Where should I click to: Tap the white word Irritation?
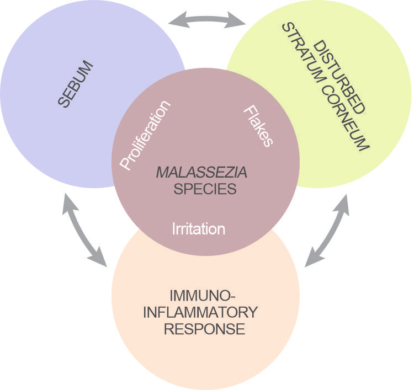[199, 228]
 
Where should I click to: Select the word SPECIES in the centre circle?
[205, 189]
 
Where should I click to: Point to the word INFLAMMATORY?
[200, 312]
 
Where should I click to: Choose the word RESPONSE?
[205, 329]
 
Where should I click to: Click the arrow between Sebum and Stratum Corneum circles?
[206, 21]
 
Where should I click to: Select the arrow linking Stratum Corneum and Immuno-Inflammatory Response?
[328, 229]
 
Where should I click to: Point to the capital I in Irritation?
[175, 228]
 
